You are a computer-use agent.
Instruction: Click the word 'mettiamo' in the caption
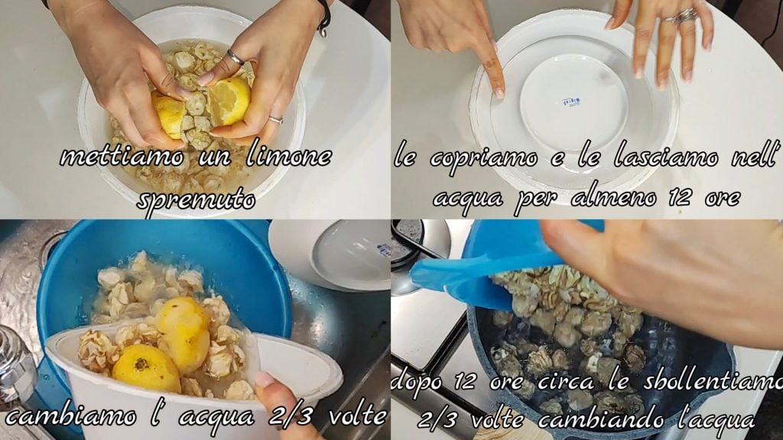122,157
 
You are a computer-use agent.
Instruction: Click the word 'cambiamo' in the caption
70,416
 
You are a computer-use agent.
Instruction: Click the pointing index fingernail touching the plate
499,93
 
